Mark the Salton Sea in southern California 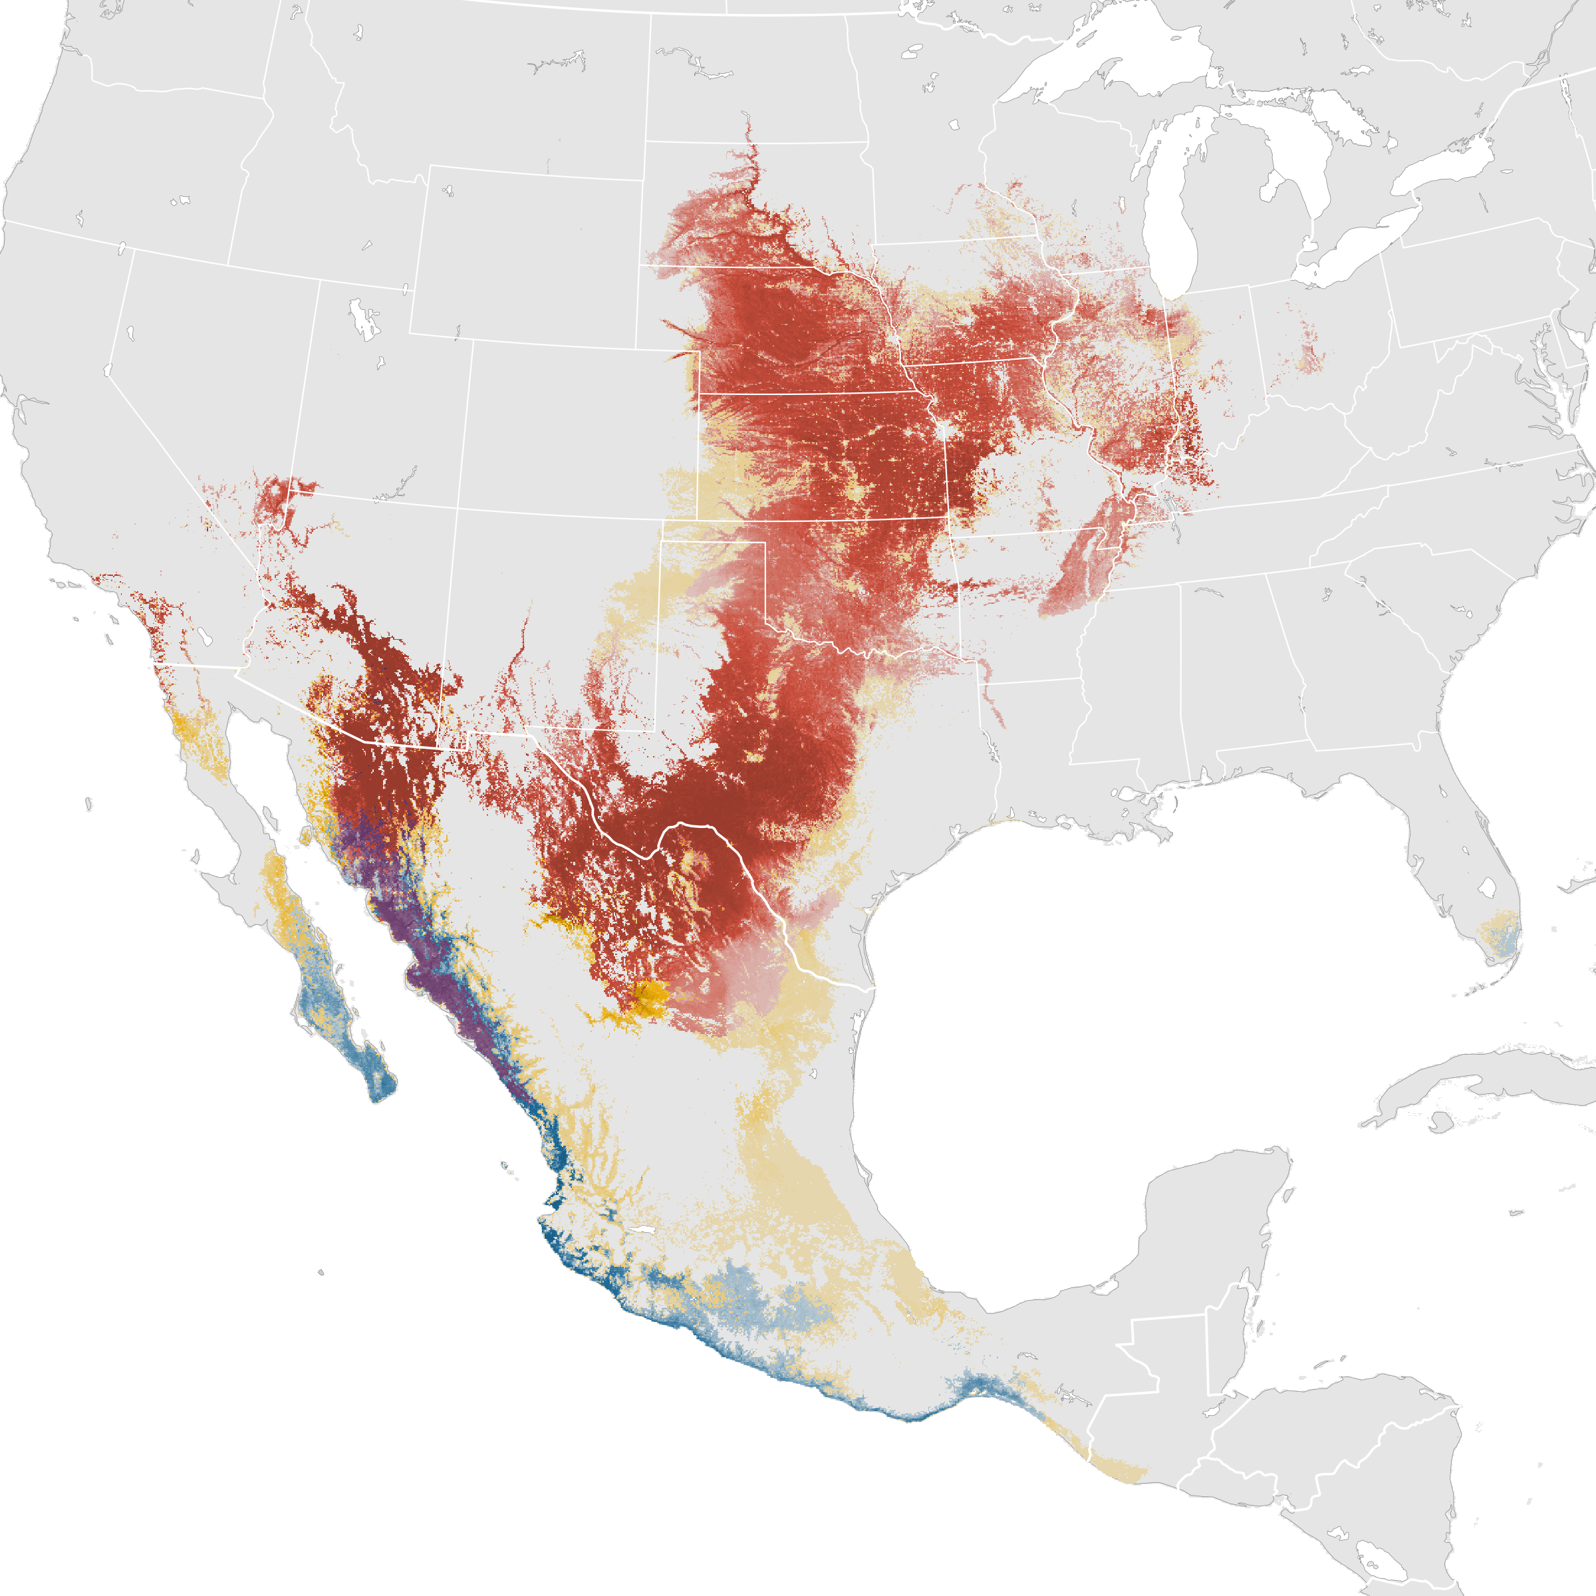(205, 637)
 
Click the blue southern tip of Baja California (380, 1082)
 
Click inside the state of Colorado (579, 430)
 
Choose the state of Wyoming (529, 256)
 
